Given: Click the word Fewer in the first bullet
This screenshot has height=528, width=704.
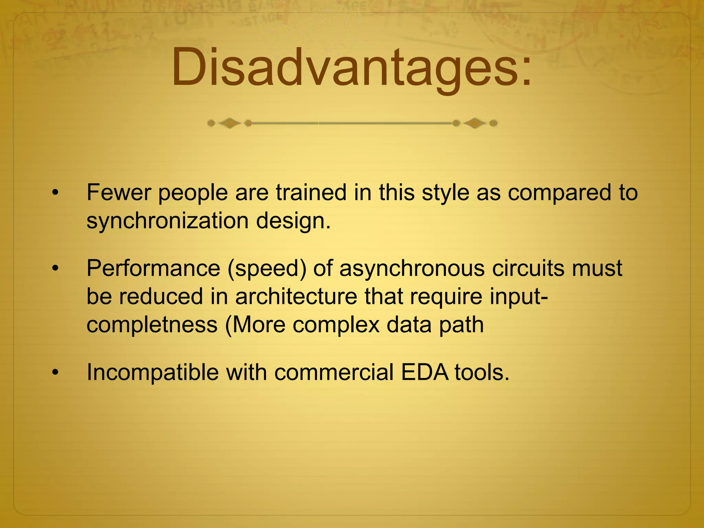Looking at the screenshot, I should (119, 192).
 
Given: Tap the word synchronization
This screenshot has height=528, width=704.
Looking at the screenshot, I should (167, 221).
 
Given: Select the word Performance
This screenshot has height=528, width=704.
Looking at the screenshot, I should (153, 268).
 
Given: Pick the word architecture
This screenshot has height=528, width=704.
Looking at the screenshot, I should (296, 296).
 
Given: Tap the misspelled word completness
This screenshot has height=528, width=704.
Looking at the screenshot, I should (152, 325).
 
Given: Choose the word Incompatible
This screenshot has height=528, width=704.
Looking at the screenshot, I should (152, 372).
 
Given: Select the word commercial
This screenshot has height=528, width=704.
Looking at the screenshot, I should (334, 372).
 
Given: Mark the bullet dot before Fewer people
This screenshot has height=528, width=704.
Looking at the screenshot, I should (55, 193).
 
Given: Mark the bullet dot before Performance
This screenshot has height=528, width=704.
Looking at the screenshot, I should (55, 269).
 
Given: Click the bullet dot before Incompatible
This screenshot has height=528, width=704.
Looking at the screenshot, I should (55, 373).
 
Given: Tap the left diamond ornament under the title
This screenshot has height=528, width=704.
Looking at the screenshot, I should (229, 123).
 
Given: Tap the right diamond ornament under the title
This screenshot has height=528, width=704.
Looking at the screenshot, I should (475, 123).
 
